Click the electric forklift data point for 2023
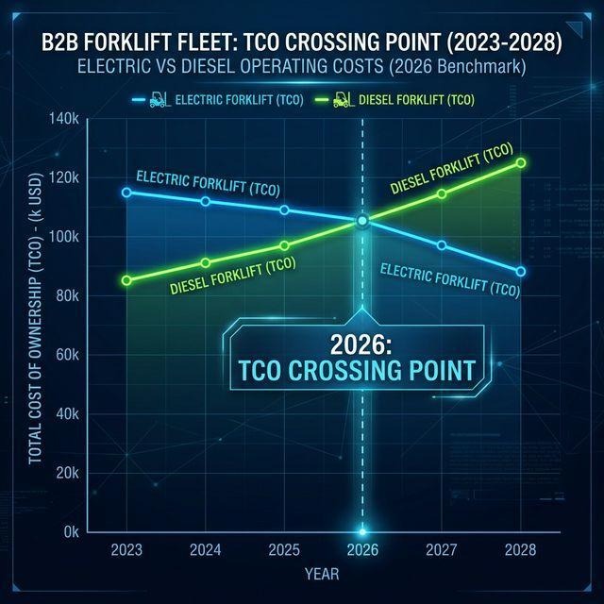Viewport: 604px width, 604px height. click(126, 193)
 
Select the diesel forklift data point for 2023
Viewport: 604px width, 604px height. click(126, 280)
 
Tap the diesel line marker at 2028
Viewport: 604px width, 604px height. click(521, 162)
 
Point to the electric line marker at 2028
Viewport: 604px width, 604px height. click(521, 272)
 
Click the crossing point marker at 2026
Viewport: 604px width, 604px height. click(362, 221)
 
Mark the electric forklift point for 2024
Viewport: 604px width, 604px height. click(206, 201)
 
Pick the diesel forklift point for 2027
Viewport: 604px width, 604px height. click(441, 193)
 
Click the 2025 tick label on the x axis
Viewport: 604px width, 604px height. click(284, 549)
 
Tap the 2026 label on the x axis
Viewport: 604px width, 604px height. click(362, 549)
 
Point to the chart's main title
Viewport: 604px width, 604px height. click(302, 42)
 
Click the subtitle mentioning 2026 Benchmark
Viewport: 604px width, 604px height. click(302, 68)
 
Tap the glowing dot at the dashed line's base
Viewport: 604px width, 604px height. click(362, 531)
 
